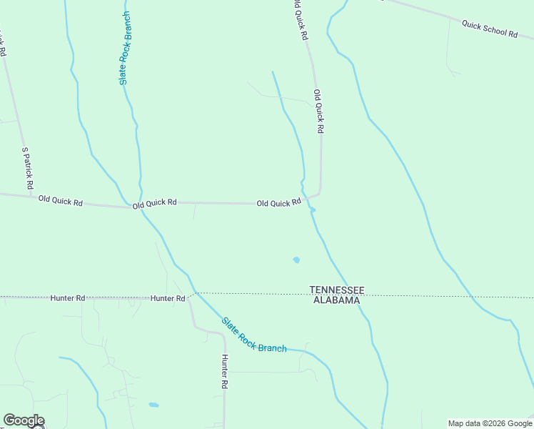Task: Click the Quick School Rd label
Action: [x=489, y=29]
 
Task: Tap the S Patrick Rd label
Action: [x=28, y=169]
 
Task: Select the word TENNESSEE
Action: [x=337, y=290]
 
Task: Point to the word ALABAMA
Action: [x=336, y=301]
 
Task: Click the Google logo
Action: [x=24, y=420]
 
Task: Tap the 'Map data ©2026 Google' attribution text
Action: [x=490, y=423]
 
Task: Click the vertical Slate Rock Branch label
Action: [x=126, y=49]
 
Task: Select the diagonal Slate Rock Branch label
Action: [x=253, y=335]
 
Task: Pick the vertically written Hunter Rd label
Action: [x=224, y=372]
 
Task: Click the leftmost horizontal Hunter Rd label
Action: [x=68, y=297]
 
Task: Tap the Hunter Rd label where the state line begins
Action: [x=168, y=297]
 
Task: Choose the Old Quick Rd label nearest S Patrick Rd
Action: [x=61, y=201]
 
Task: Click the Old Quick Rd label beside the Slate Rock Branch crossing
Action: [x=154, y=203]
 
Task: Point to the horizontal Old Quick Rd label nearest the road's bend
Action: [x=278, y=204]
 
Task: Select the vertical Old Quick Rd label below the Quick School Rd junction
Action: [x=319, y=112]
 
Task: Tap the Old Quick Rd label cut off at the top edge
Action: [x=301, y=20]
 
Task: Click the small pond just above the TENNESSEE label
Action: [x=296, y=260]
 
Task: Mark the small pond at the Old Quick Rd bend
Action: [x=312, y=209]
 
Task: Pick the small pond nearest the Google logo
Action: [x=153, y=405]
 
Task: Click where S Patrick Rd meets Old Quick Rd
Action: [x=33, y=195]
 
